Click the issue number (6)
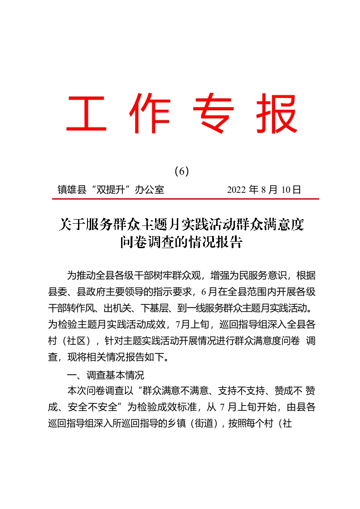(x=181, y=171)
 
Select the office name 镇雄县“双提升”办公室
(x=111, y=190)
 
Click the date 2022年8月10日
(x=264, y=190)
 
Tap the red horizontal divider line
(x=184, y=199)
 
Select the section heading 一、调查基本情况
(x=105, y=375)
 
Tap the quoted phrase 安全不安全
(x=94, y=407)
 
